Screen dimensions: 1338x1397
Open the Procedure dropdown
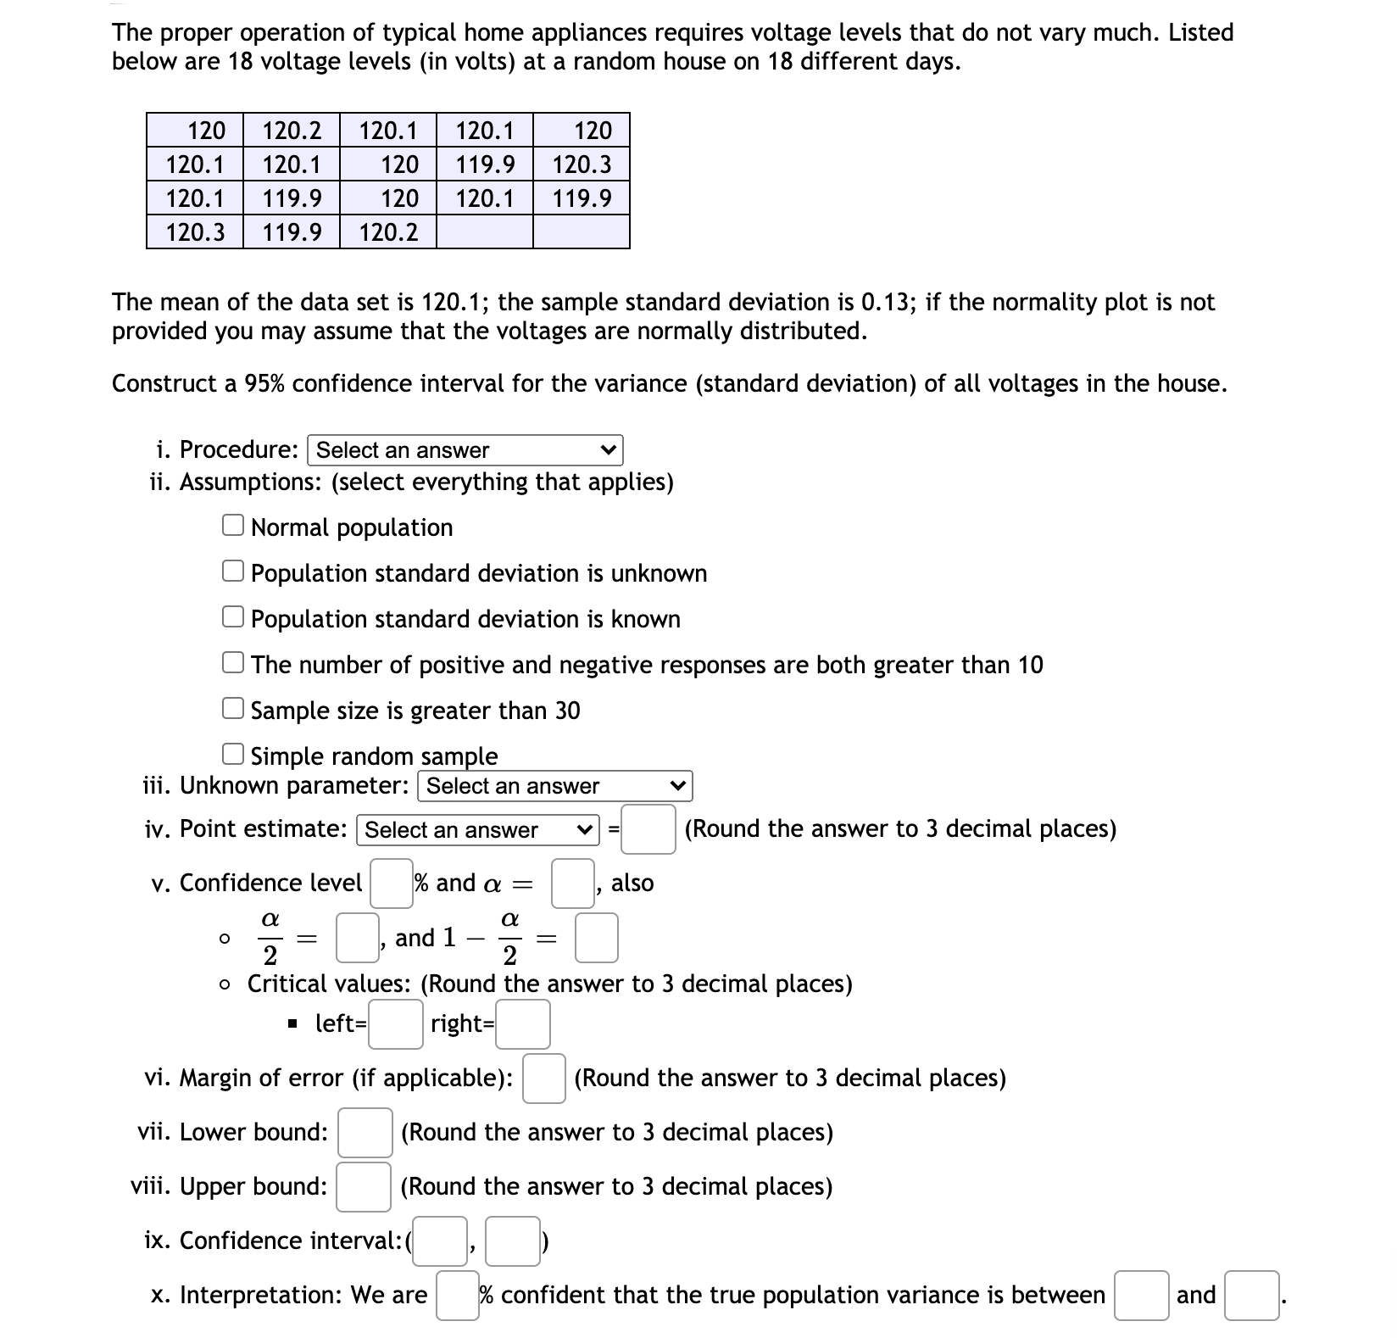(465, 450)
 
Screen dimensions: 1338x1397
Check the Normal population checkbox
(233, 526)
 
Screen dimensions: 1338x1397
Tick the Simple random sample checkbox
(233, 754)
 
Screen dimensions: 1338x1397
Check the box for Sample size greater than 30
(233, 708)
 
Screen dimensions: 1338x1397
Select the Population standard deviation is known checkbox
(233, 617)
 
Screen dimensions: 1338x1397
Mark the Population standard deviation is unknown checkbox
(233, 571)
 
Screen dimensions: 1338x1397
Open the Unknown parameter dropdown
(554, 786)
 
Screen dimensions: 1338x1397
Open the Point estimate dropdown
(478, 829)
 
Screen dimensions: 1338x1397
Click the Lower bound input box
(365, 1132)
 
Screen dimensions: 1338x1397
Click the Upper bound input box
(364, 1186)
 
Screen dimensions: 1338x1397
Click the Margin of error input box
(543, 1078)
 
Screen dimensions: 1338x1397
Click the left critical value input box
(395, 1023)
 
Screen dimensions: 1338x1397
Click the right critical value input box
(523, 1023)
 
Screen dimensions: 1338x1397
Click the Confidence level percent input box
(391, 883)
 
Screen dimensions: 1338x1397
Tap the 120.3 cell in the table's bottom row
(195, 232)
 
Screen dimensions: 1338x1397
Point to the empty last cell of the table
(582, 232)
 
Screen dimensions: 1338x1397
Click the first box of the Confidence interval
(439, 1240)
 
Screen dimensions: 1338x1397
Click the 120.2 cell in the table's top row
(292, 131)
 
